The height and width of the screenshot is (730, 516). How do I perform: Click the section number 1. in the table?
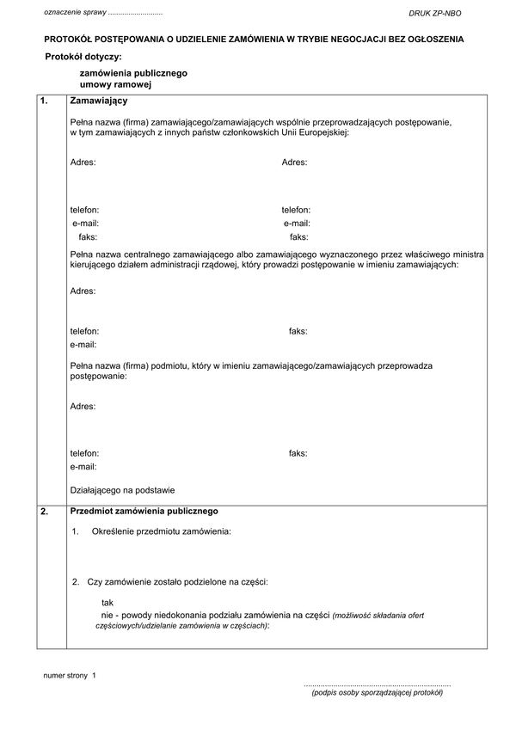tap(45, 102)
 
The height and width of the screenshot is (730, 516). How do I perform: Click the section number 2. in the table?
tap(45, 512)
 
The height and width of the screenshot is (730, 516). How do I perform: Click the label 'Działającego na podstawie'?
tap(123, 491)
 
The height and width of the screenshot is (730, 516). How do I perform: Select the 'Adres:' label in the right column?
tap(295, 163)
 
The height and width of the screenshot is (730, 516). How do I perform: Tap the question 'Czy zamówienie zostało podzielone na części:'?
tap(178, 582)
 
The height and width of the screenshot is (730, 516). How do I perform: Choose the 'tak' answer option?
tap(107, 603)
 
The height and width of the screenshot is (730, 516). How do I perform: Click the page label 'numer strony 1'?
tap(71, 677)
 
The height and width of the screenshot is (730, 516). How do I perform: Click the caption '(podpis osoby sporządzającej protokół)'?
tap(377, 692)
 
